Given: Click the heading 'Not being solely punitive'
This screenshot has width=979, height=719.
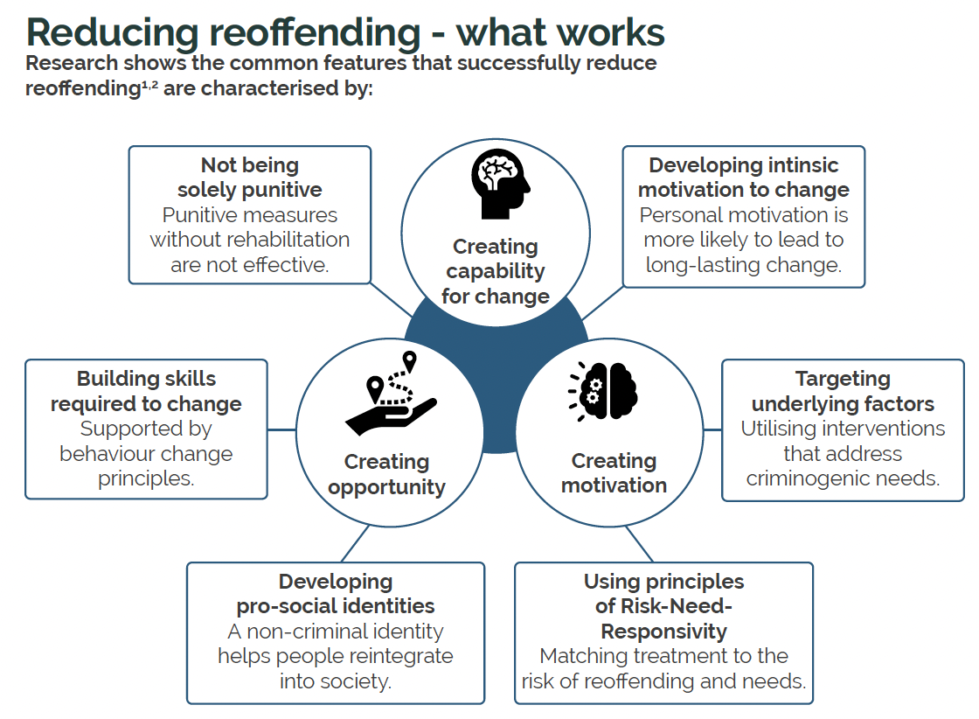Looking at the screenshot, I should [x=250, y=178].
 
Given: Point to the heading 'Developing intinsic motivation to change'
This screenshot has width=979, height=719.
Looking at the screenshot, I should [x=744, y=178].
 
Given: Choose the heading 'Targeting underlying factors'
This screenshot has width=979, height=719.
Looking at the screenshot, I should [x=843, y=391].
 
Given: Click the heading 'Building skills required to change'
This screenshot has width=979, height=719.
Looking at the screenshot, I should [x=146, y=391].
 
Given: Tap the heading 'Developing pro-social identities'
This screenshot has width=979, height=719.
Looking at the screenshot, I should [x=336, y=593].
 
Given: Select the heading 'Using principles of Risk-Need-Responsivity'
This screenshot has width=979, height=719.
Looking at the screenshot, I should [x=663, y=606].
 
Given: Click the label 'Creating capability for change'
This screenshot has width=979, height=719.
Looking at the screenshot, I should [x=496, y=271].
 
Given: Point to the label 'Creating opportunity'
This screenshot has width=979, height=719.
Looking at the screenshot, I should [x=386, y=474].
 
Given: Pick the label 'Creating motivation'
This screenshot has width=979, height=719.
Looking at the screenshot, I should [x=614, y=472].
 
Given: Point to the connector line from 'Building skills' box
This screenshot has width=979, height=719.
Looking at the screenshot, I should [x=281, y=429].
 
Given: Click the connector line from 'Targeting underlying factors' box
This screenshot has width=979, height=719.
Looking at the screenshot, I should [x=712, y=429].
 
